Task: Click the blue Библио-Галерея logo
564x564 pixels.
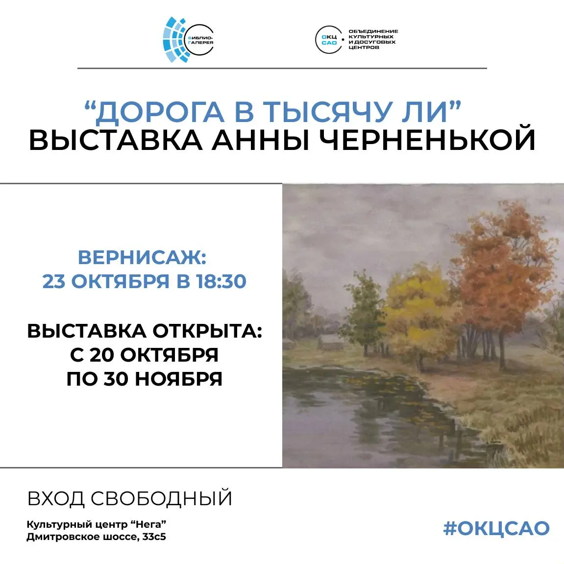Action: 188,40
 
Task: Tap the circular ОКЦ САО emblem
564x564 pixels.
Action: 328,40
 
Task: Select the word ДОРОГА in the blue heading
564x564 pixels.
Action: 159,112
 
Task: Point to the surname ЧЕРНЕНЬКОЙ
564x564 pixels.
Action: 427,140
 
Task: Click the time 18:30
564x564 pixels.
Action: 221,281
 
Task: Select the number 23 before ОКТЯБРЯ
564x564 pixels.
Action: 54,281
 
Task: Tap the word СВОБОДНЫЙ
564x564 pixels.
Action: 161,498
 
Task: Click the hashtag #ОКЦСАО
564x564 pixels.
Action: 496,528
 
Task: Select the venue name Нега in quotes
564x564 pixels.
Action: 148,524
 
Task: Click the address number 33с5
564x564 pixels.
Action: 154,537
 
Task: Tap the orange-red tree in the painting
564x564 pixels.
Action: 505,265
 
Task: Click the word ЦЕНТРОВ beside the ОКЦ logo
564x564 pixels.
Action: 364,48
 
